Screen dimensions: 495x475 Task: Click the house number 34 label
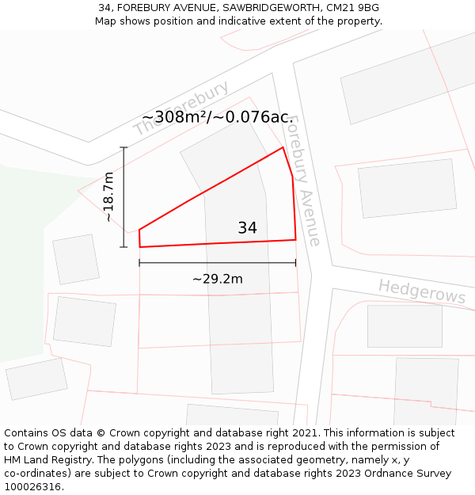[247, 228]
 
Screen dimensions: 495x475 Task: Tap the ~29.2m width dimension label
[217, 279]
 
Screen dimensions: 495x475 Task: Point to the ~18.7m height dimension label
[109, 196]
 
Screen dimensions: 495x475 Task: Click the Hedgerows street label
[422, 291]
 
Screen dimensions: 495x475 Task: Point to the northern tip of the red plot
[283, 147]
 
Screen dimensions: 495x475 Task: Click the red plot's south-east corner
[295, 239]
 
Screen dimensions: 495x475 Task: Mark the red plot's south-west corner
[140, 247]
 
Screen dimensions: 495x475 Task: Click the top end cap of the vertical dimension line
[123, 147]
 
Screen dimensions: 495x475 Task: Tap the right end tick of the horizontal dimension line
[295, 263]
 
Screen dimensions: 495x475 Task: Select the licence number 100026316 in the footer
[32, 487]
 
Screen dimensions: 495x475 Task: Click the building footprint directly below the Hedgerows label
[405, 326]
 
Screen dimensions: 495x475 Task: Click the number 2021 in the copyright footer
[304, 433]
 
